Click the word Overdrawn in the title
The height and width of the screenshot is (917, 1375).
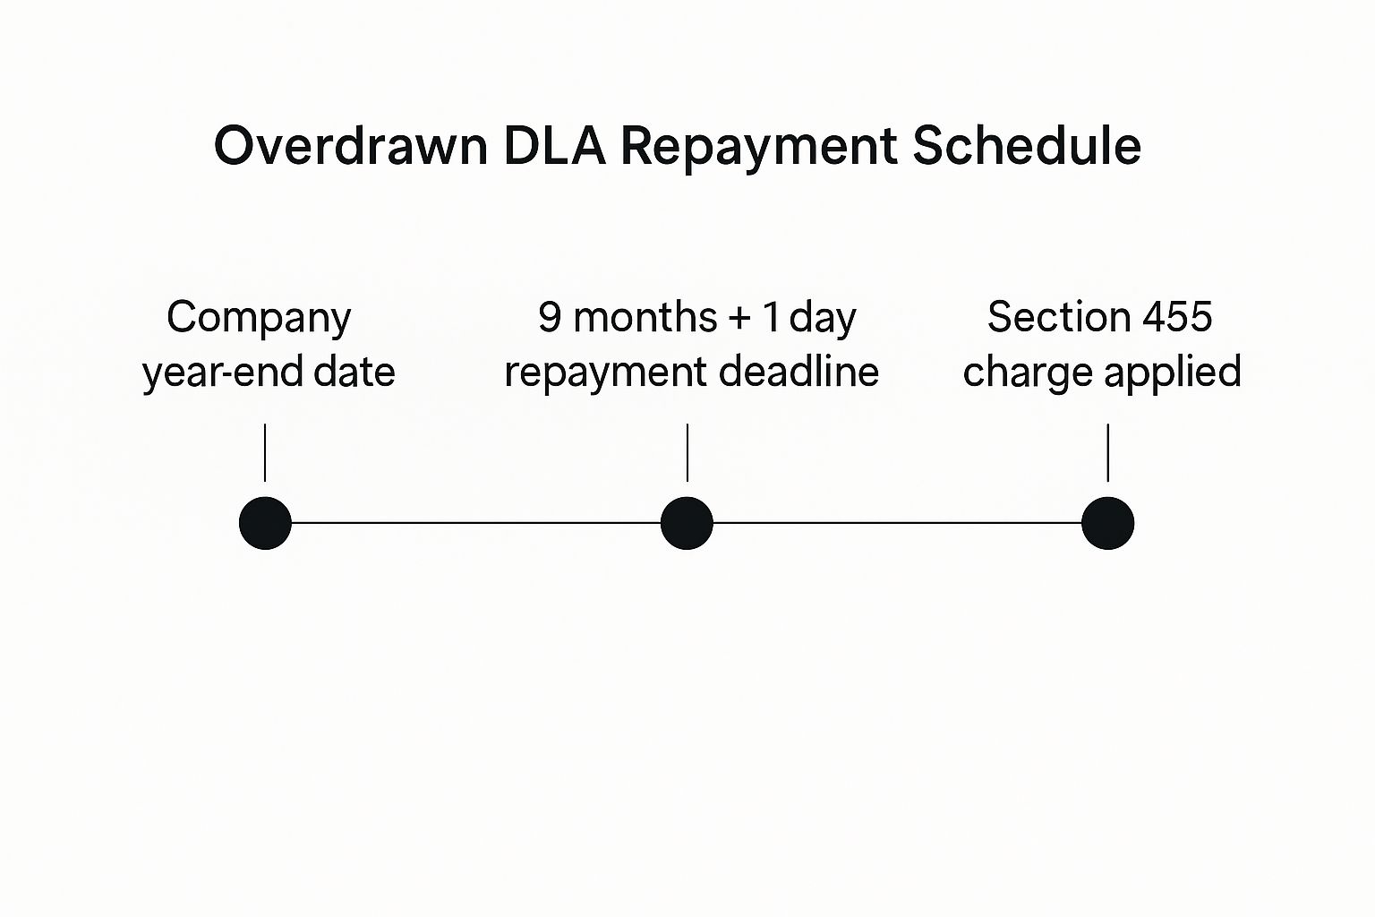point(350,146)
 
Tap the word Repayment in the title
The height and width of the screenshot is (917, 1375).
point(758,148)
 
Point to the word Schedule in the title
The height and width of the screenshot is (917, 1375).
point(1027,146)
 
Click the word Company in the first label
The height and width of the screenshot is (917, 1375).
point(259,319)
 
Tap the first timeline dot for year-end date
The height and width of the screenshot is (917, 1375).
point(266,523)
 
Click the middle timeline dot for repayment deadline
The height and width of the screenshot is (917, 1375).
point(687,523)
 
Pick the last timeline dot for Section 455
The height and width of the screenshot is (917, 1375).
point(1107,523)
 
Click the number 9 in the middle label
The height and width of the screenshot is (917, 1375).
point(550,317)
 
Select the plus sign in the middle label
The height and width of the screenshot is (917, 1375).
point(739,319)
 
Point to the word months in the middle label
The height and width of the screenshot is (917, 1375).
point(645,317)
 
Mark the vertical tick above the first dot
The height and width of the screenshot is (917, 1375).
point(265,452)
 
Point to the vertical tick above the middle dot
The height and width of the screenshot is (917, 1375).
point(687,452)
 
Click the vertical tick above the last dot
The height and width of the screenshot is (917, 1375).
point(1107,452)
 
